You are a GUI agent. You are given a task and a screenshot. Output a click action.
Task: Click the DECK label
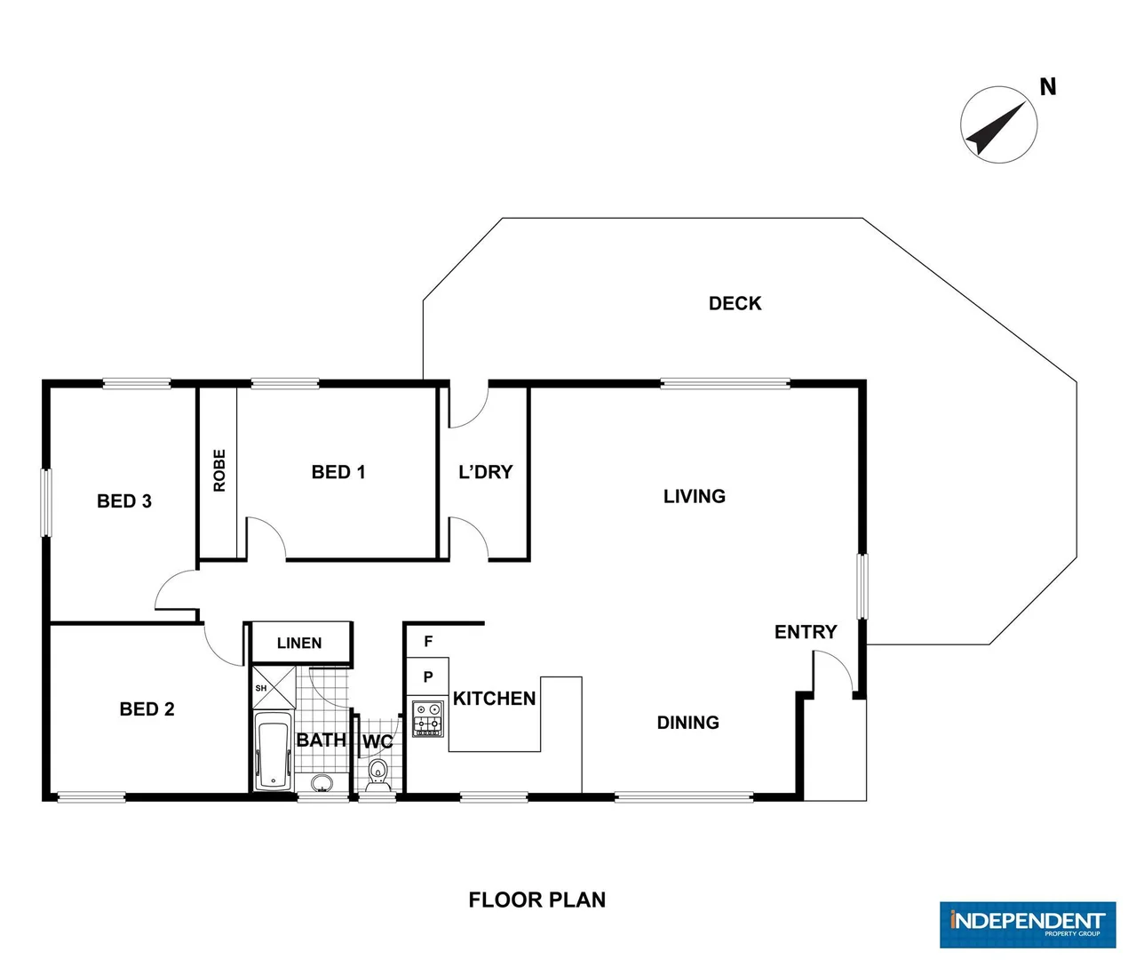735,303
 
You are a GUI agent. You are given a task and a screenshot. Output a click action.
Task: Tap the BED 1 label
338,472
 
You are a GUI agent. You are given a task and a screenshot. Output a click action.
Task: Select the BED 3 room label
124,501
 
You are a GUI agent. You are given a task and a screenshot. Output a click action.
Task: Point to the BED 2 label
147,709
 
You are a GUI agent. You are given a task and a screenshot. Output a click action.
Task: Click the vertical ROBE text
219,471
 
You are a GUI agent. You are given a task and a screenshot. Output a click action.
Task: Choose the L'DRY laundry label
485,472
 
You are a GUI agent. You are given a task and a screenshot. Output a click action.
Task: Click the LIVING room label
694,496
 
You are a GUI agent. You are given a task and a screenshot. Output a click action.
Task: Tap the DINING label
687,723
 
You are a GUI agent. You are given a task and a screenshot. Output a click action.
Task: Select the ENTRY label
806,632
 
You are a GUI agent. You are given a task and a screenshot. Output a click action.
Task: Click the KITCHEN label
494,699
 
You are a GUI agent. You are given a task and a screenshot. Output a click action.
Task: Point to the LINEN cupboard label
299,643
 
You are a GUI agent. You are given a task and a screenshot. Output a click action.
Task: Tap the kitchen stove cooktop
428,718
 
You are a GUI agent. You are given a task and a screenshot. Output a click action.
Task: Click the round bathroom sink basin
322,783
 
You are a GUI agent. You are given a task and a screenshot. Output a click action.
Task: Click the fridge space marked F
428,641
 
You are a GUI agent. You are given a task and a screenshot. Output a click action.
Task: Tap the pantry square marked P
428,677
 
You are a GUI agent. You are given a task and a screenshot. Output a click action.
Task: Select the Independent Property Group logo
1027,924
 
